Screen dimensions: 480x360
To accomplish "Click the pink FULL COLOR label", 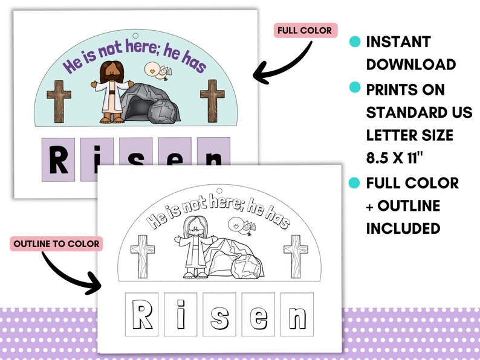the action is (x=304, y=31).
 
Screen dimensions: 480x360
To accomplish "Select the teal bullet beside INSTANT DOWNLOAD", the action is (x=355, y=42).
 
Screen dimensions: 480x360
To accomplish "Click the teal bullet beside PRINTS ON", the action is (x=355, y=88).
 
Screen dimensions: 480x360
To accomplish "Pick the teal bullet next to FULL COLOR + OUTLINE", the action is (x=355, y=182).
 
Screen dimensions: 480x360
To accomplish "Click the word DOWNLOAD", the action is (x=410, y=65).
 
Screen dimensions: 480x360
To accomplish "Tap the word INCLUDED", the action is (x=403, y=228).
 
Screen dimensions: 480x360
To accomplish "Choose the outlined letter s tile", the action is (x=219, y=315).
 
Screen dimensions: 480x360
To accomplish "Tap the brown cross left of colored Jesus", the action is (x=59, y=101).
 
